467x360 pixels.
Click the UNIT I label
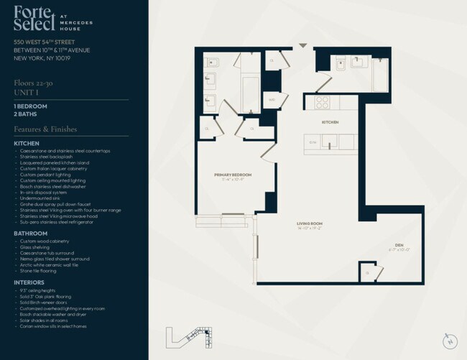(x=24, y=99)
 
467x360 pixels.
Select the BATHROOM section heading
(x=31, y=233)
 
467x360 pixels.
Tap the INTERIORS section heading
(x=30, y=282)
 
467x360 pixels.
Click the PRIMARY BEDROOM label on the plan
(x=231, y=175)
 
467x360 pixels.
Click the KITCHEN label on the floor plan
(x=330, y=123)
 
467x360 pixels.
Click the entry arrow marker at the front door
(x=303, y=46)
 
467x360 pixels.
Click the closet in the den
(x=368, y=272)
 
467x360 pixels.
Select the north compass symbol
(x=450, y=341)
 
